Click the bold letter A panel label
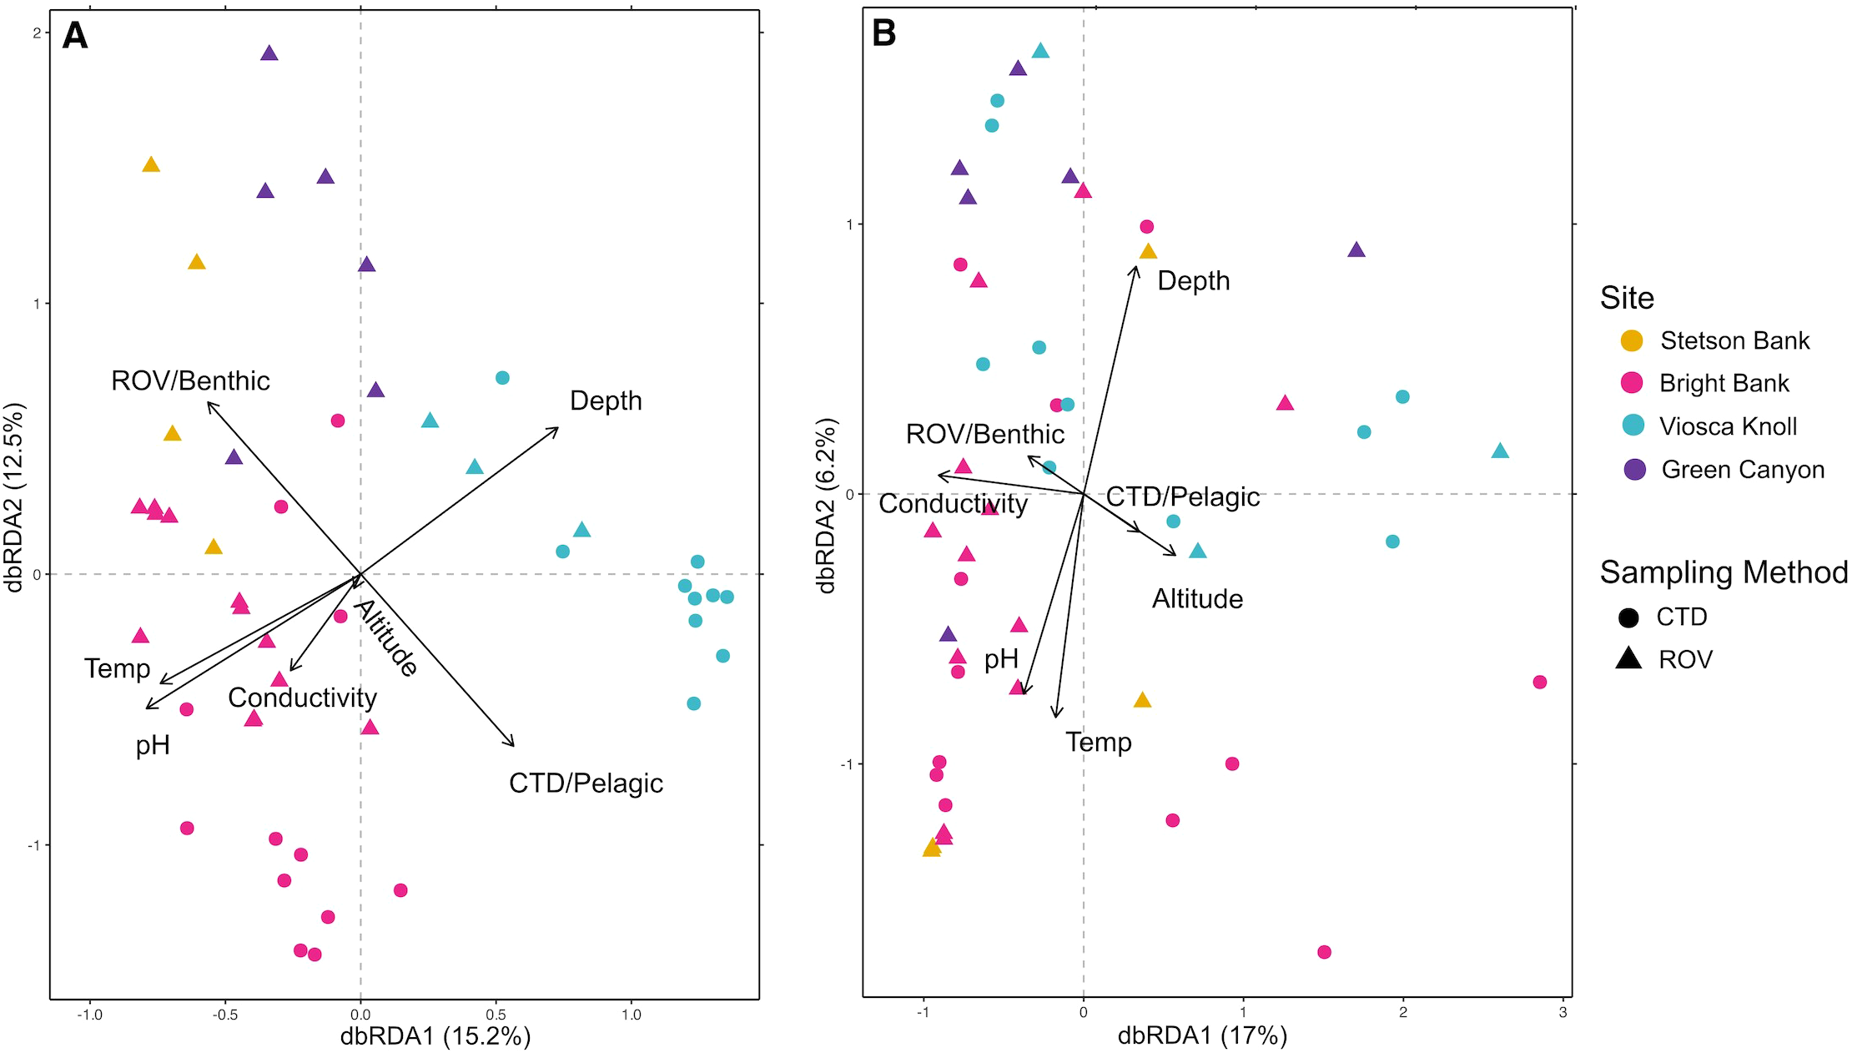[x=75, y=36]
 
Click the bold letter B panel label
[x=883, y=34]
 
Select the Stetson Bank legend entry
[x=1734, y=340]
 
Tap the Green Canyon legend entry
[x=1742, y=470]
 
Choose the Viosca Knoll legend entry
[x=1727, y=426]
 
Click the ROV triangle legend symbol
[x=1628, y=659]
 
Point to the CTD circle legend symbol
[x=1628, y=617]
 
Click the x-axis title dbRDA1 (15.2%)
[x=435, y=1036]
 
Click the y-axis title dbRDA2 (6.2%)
[x=826, y=506]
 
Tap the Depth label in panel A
[x=606, y=401]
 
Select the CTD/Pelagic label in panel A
[x=586, y=783]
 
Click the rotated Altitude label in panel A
[x=386, y=637]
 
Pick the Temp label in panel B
[x=1098, y=742]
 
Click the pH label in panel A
[x=153, y=745]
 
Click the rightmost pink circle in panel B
[x=1540, y=683]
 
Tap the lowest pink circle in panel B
[x=1324, y=952]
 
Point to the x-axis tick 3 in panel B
[x=1563, y=1013]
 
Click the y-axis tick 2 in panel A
[x=37, y=33]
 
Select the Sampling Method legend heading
[x=1724, y=572]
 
